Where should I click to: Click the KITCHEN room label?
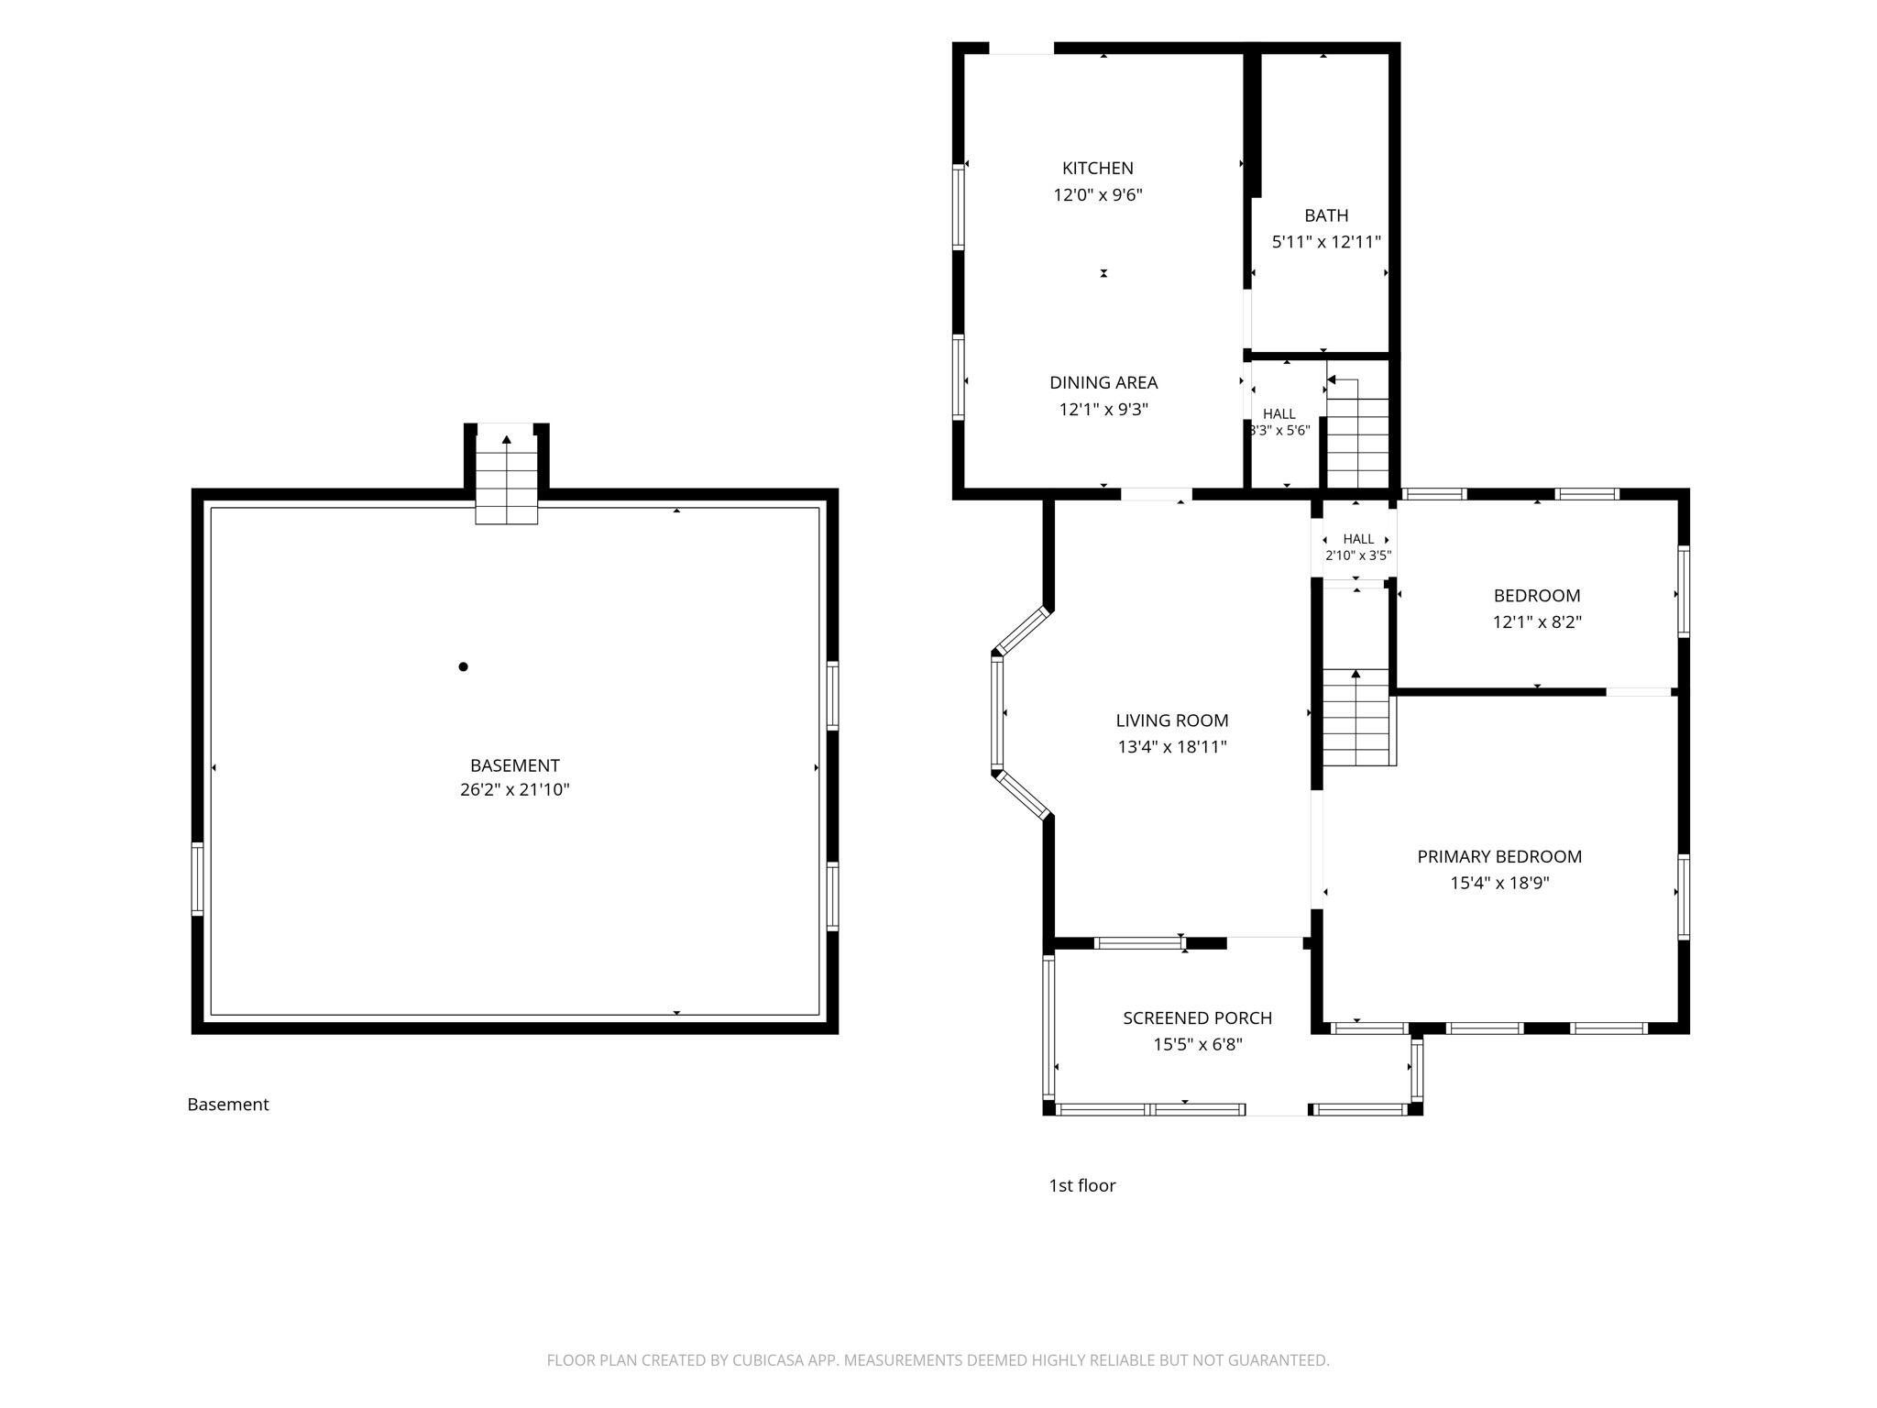tap(1097, 168)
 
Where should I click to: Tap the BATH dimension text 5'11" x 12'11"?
tap(1326, 242)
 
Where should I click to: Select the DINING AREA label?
tap(1103, 382)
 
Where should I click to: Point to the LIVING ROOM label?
tap(1171, 720)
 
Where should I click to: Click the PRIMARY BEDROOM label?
tap(1499, 856)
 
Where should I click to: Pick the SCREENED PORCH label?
tap(1197, 1017)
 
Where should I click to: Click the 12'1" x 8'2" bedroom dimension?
tap(1537, 621)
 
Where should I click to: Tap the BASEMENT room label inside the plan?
tap(514, 765)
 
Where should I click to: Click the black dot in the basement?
tap(463, 666)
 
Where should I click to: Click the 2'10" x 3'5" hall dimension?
tap(1358, 555)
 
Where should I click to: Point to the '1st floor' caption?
tap(1081, 1185)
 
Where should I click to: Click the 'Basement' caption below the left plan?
tap(228, 1105)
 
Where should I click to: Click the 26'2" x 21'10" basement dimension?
tap(514, 790)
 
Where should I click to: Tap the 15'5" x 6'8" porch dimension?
tap(1197, 1044)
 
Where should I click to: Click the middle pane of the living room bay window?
tap(997, 714)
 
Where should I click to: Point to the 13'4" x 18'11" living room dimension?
tap(1171, 747)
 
